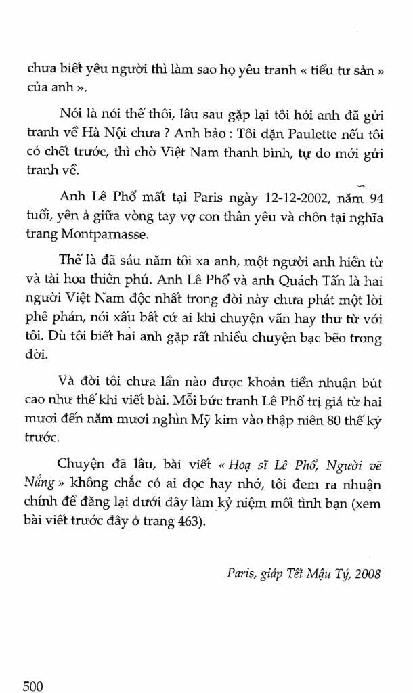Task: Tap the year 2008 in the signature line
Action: click(366, 574)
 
